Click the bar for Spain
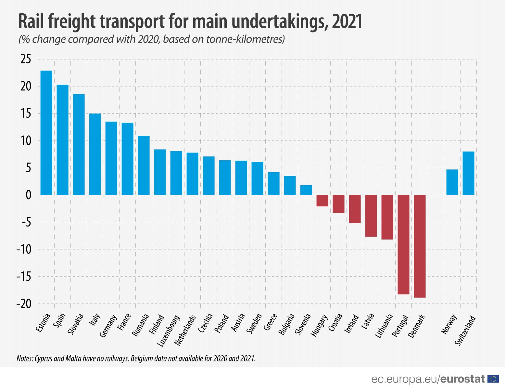(x=63, y=140)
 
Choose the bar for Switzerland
(x=468, y=173)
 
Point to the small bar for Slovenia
(x=306, y=190)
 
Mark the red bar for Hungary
(x=322, y=201)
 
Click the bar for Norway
(x=452, y=182)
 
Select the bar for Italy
(x=95, y=154)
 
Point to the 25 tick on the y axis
(x=26, y=59)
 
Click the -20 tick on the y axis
(x=24, y=304)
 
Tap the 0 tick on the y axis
(x=29, y=195)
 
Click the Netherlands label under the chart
(x=185, y=330)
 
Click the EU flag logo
(x=493, y=379)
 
